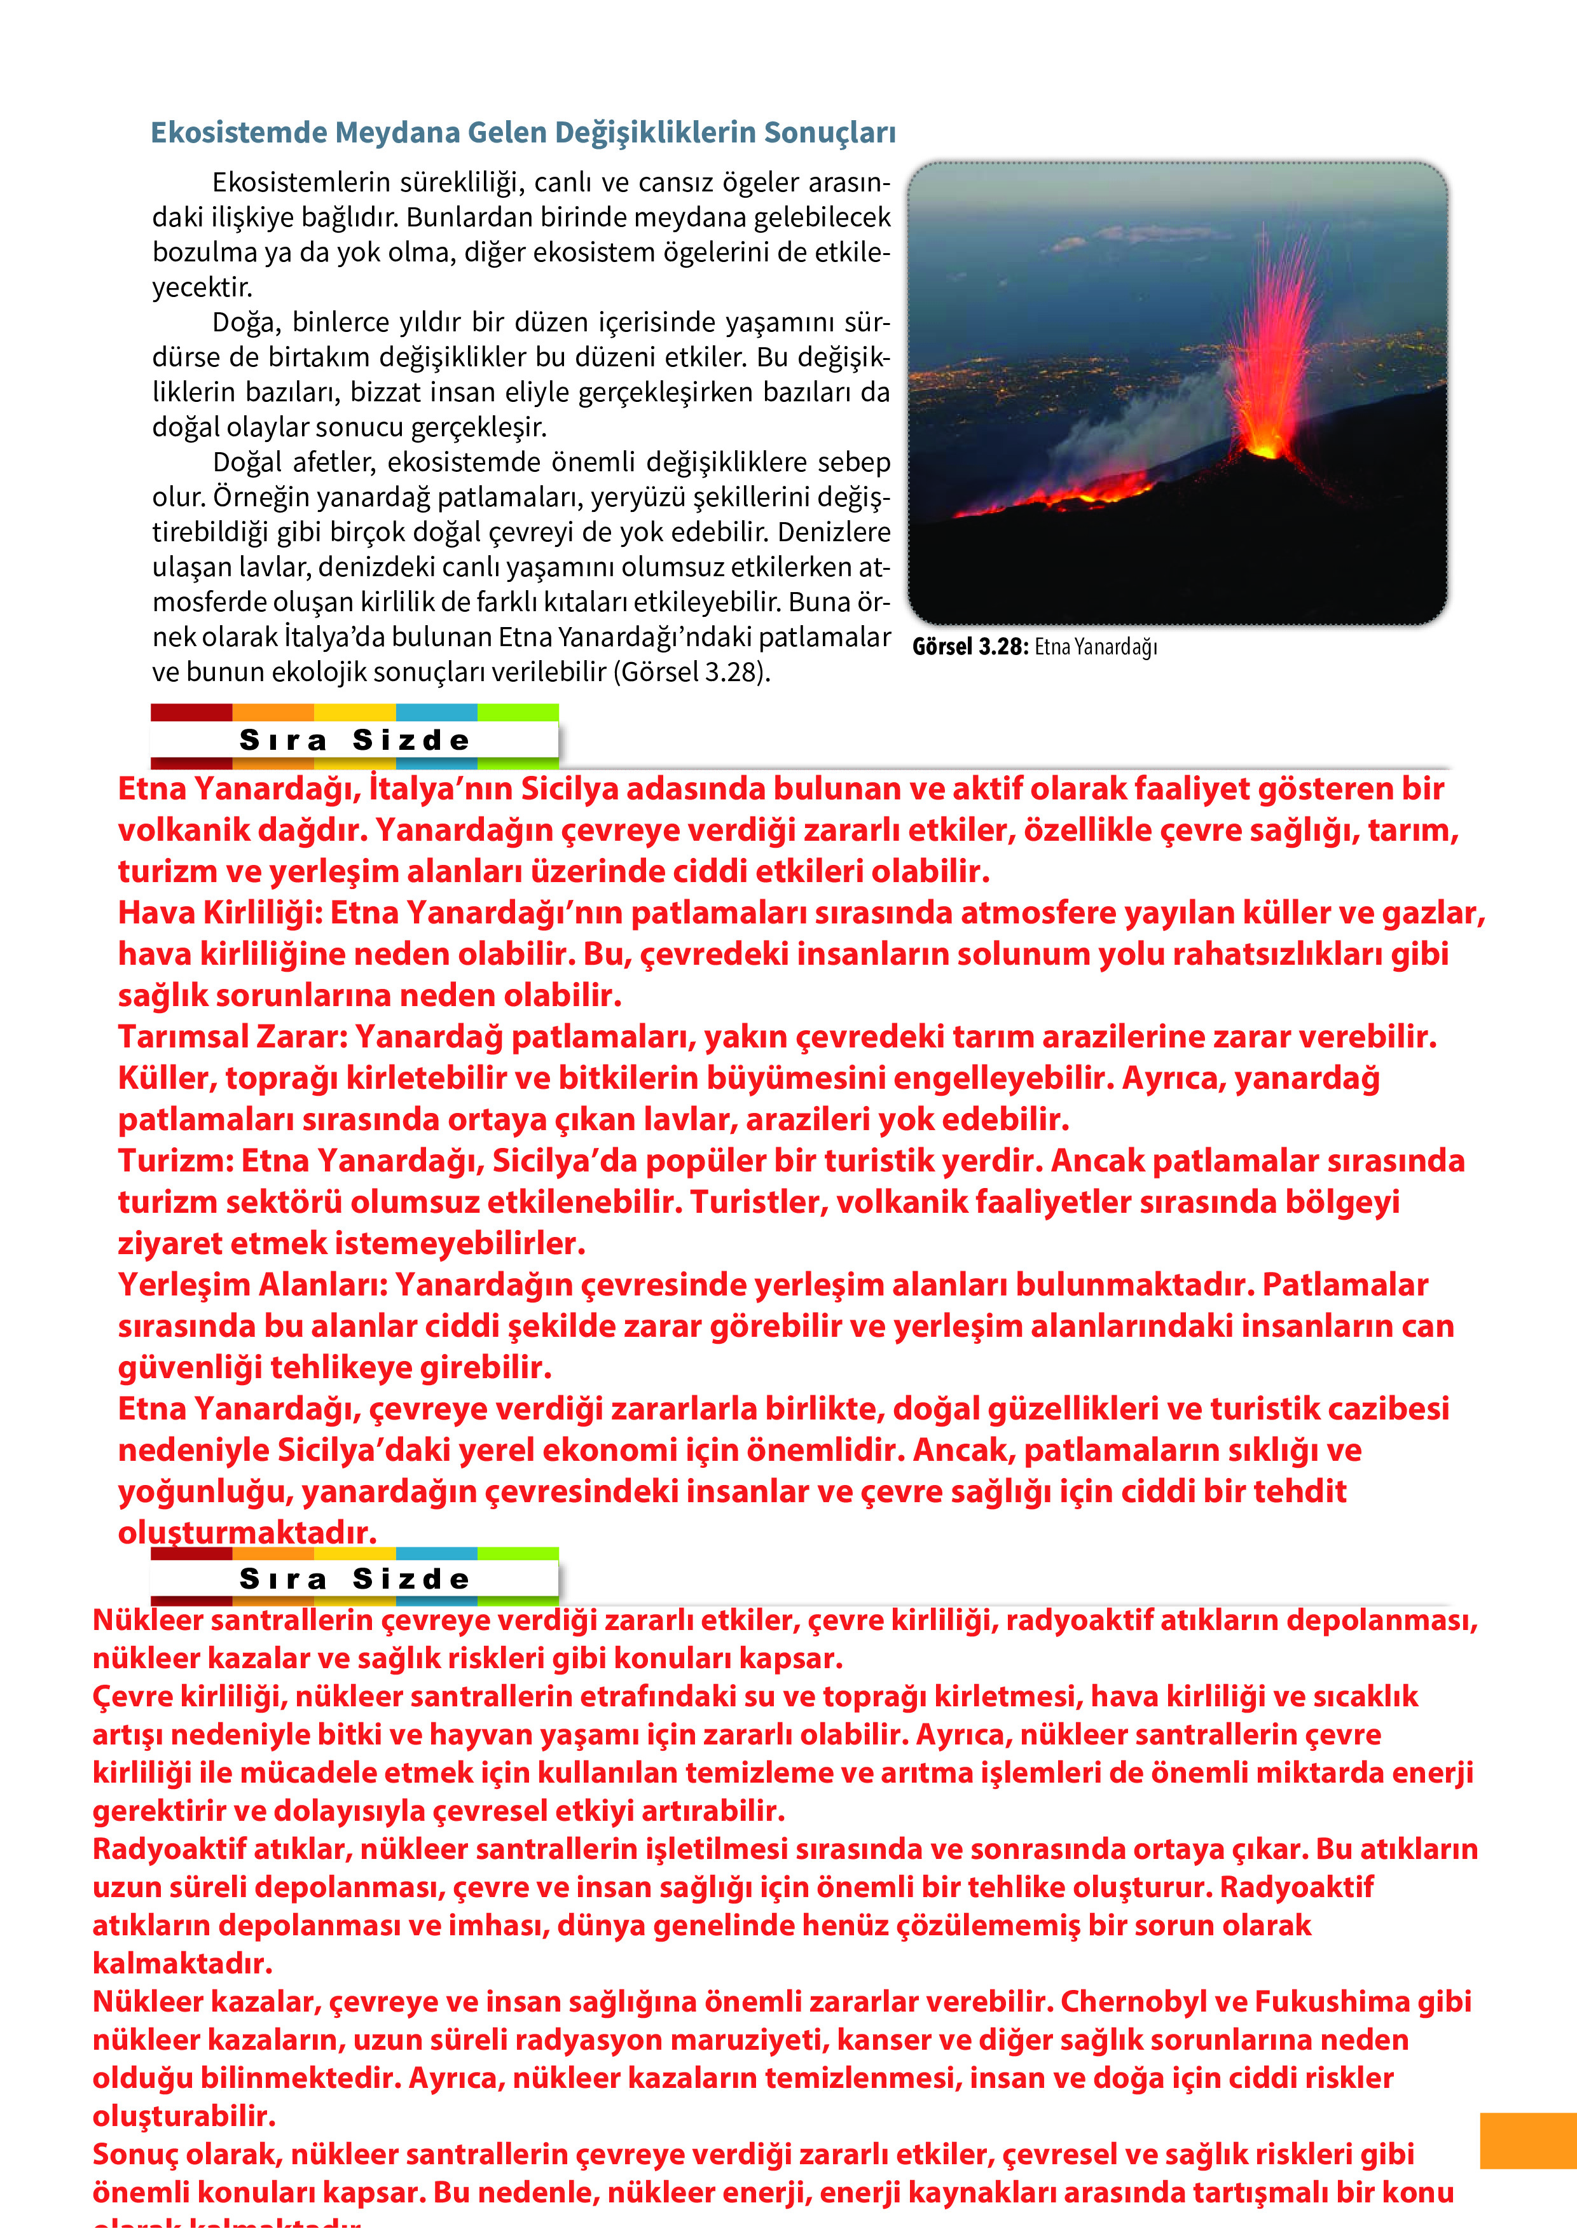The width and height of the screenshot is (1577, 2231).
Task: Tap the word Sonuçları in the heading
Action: click(x=829, y=132)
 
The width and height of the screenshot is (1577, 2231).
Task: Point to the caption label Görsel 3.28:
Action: click(x=968, y=647)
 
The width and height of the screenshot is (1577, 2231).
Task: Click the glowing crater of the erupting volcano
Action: click(x=1265, y=450)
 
